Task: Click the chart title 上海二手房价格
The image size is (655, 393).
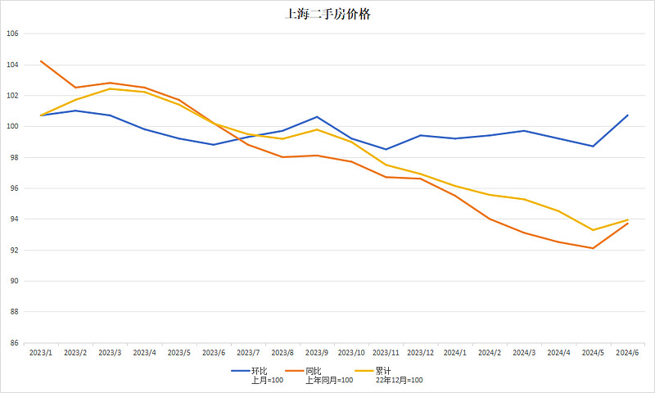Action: coord(327,14)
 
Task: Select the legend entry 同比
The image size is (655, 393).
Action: coord(314,371)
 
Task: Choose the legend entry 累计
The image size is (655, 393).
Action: coord(382,371)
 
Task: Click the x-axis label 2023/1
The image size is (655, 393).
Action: coord(41,352)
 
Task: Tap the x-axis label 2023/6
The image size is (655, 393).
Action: coord(214,352)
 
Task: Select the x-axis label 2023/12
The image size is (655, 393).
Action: coord(421,352)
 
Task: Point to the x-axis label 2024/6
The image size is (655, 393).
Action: coord(627,352)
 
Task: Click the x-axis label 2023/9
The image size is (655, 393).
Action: coord(317,352)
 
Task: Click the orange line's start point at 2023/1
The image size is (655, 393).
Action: coord(41,61)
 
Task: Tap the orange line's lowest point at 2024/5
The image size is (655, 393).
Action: coord(593,248)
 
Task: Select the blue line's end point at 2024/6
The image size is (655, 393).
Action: coord(627,115)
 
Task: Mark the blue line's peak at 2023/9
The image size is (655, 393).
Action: coord(317,117)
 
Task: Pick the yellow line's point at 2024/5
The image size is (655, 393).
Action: coord(593,230)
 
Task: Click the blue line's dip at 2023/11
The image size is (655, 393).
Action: coord(386,149)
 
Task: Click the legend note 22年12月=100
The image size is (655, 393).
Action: coord(400,381)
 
